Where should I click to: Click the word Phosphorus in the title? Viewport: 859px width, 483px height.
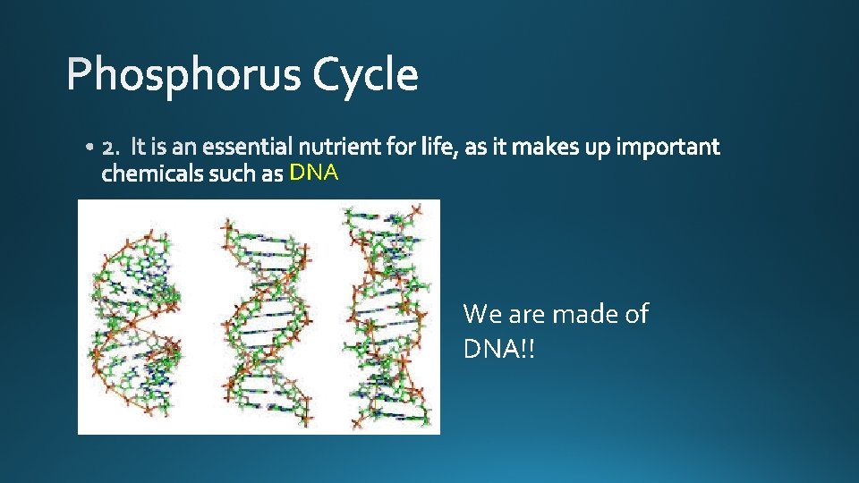coord(184,75)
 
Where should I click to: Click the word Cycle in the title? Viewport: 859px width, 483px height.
coord(365,75)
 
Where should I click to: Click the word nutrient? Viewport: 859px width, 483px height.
coord(336,147)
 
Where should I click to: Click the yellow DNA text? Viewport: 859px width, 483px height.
coord(313,174)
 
